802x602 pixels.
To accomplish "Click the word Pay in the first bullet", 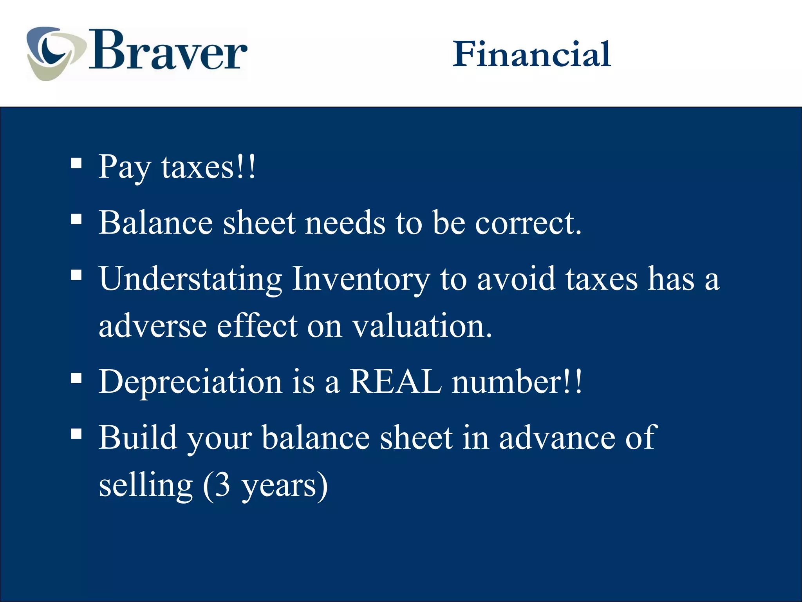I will [125, 167].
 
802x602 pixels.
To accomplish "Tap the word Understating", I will [190, 279].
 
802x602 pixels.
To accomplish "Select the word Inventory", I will [361, 279].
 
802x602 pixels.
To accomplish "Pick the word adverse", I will [152, 326].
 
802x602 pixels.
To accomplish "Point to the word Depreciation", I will [190, 382].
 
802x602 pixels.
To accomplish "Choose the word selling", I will [146, 486].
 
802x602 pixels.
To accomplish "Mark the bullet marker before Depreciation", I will [76, 378].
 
